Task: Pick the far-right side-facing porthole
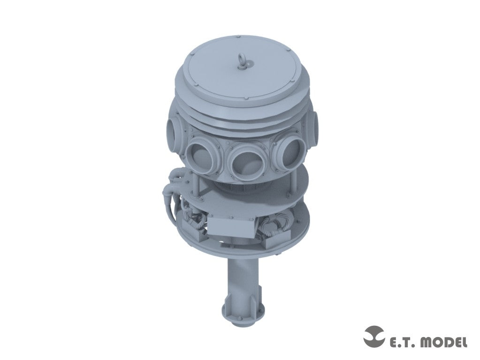pos(314,125)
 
